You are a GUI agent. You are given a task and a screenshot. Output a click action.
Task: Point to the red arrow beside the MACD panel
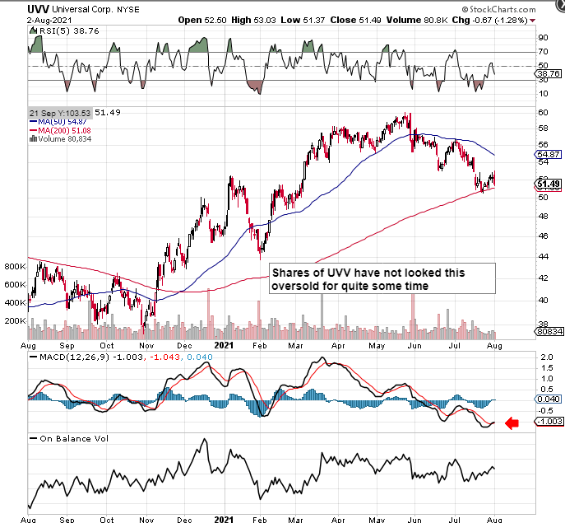(x=512, y=423)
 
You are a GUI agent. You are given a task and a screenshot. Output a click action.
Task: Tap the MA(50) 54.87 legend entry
(x=57, y=120)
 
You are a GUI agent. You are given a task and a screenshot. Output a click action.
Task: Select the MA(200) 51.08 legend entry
(x=59, y=129)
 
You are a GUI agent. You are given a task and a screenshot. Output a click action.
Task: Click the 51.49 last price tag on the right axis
(x=549, y=184)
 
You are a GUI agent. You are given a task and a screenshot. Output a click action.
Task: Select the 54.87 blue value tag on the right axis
(x=549, y=154)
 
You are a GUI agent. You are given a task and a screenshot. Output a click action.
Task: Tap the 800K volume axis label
(x=15, y=267)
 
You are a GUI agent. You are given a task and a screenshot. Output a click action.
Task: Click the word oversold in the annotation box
(x=294, y=285)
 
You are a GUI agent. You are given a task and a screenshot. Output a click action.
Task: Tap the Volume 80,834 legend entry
(x=60, y=138)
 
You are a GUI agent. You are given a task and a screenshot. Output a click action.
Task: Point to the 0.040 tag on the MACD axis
(x=548, y=399)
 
